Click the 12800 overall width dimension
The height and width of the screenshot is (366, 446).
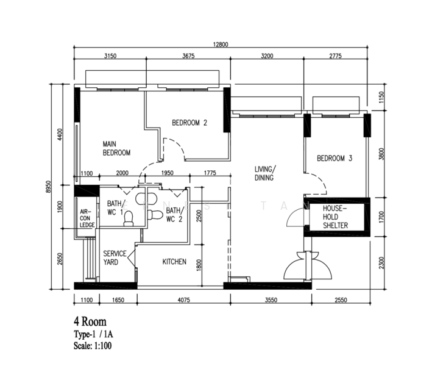(221, 44)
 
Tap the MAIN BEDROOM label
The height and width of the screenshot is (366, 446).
(116, 148)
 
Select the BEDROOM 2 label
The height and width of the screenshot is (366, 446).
(189, 123)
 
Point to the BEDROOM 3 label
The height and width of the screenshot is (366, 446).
(334, 158)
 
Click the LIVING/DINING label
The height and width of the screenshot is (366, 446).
(264, 173)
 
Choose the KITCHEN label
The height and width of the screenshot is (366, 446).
(174, 262)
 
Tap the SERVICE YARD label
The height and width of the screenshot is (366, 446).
(115, 258)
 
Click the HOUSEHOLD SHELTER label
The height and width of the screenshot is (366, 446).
(335, 217)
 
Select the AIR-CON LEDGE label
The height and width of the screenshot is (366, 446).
(87, 218)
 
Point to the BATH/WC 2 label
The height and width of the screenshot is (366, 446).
(174, 215)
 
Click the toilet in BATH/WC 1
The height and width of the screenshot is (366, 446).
(129, 218)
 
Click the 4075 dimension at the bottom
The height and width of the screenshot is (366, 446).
(183, 300)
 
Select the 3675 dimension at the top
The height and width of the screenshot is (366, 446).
(188, 56)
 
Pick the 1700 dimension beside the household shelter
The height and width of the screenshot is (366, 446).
(381, 217)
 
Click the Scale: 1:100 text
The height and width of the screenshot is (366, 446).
(93, 346)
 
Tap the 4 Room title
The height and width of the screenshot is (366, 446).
(90, 321)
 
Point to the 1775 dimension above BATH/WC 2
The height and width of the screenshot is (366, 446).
(210, 173)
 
